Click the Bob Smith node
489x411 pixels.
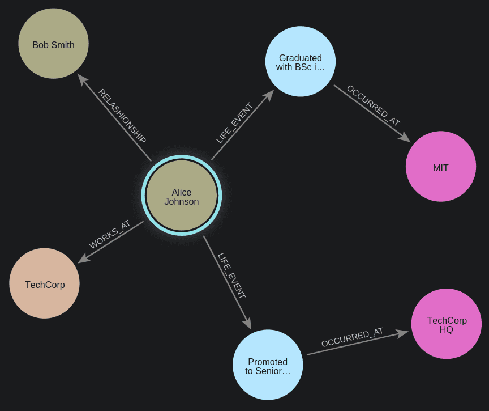click(x=53, y=44)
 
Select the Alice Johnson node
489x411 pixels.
click(x=182, y=196)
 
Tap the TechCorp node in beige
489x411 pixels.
click(x=45, y=283)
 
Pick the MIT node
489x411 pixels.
click(x=441, y=167)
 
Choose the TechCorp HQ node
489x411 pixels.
click(x=447, y=324)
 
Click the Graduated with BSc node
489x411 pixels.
click(x=301, y=62)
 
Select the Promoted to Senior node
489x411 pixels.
click(x=268, y=365)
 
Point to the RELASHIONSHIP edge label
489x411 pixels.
click(x=122, y=117)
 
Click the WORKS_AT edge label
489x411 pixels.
click(x=110, y=235)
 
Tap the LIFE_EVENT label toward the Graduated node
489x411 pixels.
click(x=234, y=123)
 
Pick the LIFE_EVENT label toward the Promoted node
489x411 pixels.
click(x=231, y=276)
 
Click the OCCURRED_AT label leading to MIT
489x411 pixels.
click(x=373, y=106)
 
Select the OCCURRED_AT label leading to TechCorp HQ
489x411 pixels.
click(x=352, y=337)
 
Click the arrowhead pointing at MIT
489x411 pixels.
click(x=405, y=138)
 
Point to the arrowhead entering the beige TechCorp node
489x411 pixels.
click(x=83, y=259)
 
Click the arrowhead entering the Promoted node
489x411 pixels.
click(x=247, y=324)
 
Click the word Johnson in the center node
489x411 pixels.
click(x=182, y=202)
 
